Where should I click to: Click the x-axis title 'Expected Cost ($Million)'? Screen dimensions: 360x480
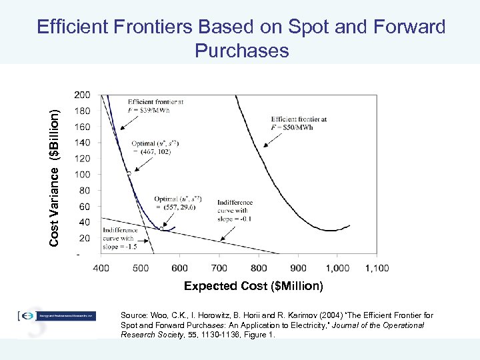click(x=253, y=286)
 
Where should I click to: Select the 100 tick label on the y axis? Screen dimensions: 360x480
click(x=83, y=175)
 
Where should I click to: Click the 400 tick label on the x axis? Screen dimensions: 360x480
click(x=101, y=268)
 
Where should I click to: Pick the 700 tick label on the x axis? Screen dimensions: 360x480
click(x=219, y=268)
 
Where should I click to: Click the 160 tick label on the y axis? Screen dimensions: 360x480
click(x=83, y=127)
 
